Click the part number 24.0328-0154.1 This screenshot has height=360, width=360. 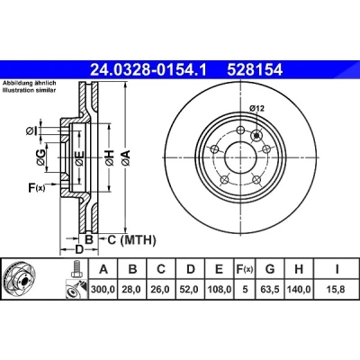click(x=148, y=70)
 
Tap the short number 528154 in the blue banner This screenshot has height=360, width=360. click(x=255, y=70)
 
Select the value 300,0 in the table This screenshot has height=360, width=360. click(x=103, y=290)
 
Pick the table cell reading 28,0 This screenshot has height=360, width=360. click(x=132, y=290)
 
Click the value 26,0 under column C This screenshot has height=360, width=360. click(x=161, y=290)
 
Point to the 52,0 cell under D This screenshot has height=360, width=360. click(x=190, y=290)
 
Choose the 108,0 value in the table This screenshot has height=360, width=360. click(x=220, y=290)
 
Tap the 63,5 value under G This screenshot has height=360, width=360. click(x=270, y=290)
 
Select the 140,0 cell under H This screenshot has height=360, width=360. click(x=299, y=290)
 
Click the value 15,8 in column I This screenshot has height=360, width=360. click(x=337, y=290)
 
